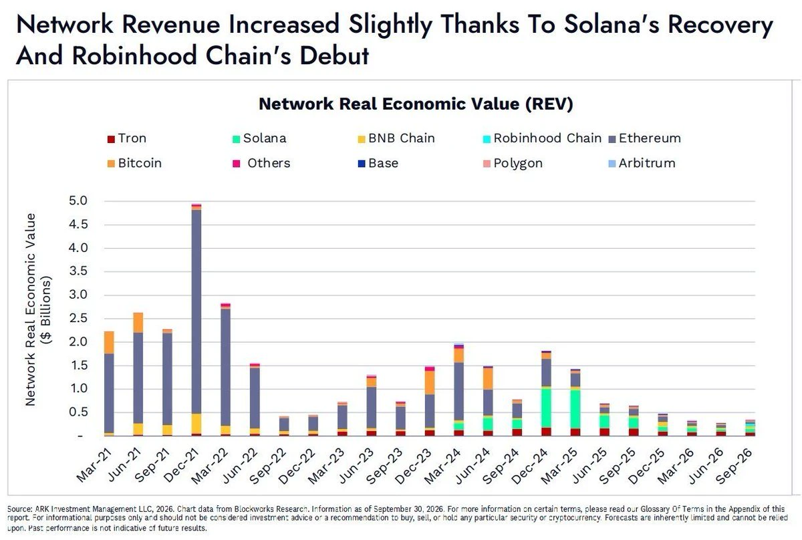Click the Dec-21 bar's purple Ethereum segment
click(196, 311)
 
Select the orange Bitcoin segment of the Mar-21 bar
click(109, 343)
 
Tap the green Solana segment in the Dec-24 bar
click(546, 408)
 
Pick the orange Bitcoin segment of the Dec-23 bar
click(430, 382)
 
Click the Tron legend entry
click(127, 138)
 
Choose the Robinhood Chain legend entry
click(542, 138)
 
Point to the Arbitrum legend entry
click(642, 163)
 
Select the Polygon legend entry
click(513, 164)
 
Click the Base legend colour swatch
click(362, 164)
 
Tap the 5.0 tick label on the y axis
click(78, 201)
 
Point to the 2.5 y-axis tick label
click(78, 318)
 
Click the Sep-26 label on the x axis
click(734, 466)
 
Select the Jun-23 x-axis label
click(357, 466)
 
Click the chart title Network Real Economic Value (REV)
click(416, 104)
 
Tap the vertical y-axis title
click(37, 309)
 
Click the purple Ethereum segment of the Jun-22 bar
click(255, 398)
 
